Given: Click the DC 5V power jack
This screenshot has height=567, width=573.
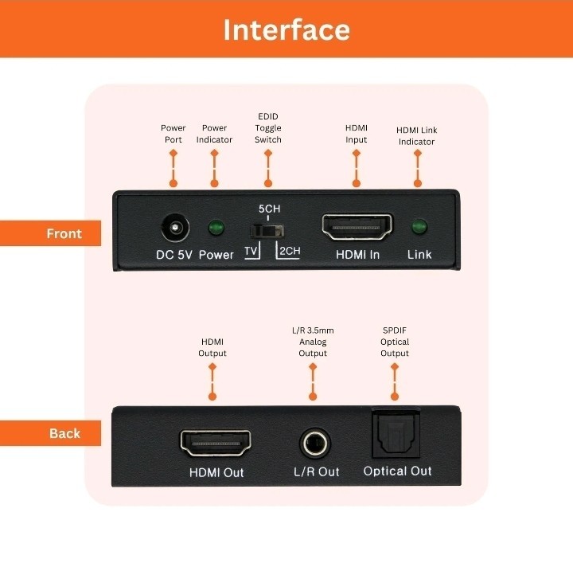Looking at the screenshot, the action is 175,228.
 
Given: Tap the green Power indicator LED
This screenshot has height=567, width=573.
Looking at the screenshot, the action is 216,228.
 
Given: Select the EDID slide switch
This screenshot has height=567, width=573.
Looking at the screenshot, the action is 267,231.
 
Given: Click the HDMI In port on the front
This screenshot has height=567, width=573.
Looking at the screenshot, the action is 357,227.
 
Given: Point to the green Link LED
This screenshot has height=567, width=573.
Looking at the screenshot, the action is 419,227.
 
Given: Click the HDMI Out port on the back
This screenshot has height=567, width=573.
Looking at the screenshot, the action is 216,443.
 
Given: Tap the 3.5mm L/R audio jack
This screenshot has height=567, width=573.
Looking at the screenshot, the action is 315,444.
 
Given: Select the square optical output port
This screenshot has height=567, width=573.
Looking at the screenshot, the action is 396,433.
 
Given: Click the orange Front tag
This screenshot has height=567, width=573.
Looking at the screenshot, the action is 50,233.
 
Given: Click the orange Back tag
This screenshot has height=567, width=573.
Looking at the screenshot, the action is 50,433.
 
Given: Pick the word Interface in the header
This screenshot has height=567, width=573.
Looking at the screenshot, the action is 286,29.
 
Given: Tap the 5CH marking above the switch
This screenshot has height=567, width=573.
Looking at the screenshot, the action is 269,209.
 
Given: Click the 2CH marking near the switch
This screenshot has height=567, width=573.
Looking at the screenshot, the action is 290,251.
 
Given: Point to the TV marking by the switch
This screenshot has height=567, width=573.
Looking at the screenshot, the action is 251,251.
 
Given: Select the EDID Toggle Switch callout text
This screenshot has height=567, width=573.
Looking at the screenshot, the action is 268,128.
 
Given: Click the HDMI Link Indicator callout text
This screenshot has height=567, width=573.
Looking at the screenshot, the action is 416,135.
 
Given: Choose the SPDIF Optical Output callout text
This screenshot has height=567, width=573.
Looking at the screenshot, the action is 395,342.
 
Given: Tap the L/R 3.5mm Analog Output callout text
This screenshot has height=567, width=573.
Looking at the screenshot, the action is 313,342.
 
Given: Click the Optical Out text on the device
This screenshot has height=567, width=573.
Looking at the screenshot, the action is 398,471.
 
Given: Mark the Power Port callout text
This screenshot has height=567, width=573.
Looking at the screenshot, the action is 173,134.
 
